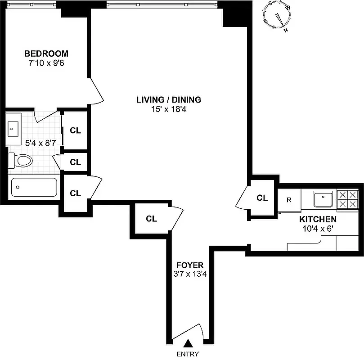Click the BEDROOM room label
pyautogui.click(x=46, y=54)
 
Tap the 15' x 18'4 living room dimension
pyautogui.click(x=169, y=108)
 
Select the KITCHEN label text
pyautogui.click(x=318, y=220)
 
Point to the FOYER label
pyautogui.click(x=189, y=265)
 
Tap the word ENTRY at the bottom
pyautogui.click(x=188, y=354)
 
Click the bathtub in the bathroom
pyautogui.click(x=34, y=187)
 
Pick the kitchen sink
pyautogui.click(x=323, y=198)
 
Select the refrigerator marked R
pyautogui.click(x=289, y=199)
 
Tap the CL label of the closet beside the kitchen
pyautogui.click(x=262, y=198)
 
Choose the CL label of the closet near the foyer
pyautogui.click(x=152, y=219)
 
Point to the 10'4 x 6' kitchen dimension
pyautogui.click(x=318, y=229)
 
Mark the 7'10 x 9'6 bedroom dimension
pyautogui.click(x=46, y=63)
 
